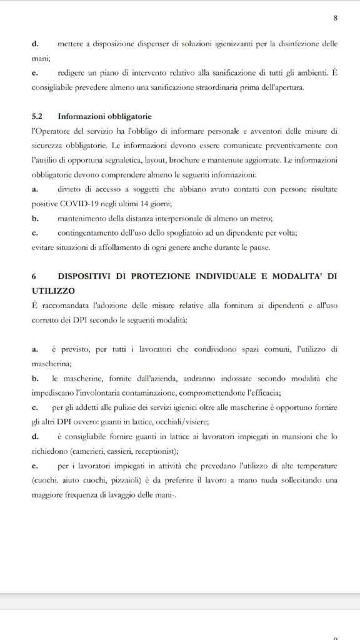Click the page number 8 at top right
[336, 18]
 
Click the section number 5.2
[37, 116]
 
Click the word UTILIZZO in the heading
[53, 291]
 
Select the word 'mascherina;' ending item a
[52, 362]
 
